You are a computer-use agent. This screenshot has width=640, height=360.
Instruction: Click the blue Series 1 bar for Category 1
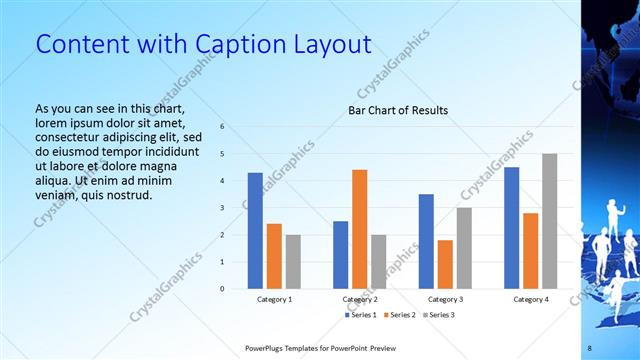255,231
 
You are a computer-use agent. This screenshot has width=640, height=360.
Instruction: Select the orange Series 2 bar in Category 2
359,229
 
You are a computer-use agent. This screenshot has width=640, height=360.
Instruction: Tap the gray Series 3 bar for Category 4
549,221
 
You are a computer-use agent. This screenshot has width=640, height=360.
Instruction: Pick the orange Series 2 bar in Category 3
445,264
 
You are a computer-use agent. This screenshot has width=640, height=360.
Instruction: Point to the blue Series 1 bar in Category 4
512,228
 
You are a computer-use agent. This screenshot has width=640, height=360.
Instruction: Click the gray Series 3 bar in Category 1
293,262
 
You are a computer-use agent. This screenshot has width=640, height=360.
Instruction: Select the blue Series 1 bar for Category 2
341,255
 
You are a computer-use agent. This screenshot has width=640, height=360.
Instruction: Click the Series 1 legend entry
361,315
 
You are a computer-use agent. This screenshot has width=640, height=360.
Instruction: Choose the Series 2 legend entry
399,315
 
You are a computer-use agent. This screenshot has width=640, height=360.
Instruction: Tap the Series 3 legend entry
437,315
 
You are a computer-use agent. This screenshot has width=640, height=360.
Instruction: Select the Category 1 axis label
274,299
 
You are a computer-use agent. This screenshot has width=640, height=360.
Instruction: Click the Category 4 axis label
531,299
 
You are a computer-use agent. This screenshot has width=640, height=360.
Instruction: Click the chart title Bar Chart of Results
398,110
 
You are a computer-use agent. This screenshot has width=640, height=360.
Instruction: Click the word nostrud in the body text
130,195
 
